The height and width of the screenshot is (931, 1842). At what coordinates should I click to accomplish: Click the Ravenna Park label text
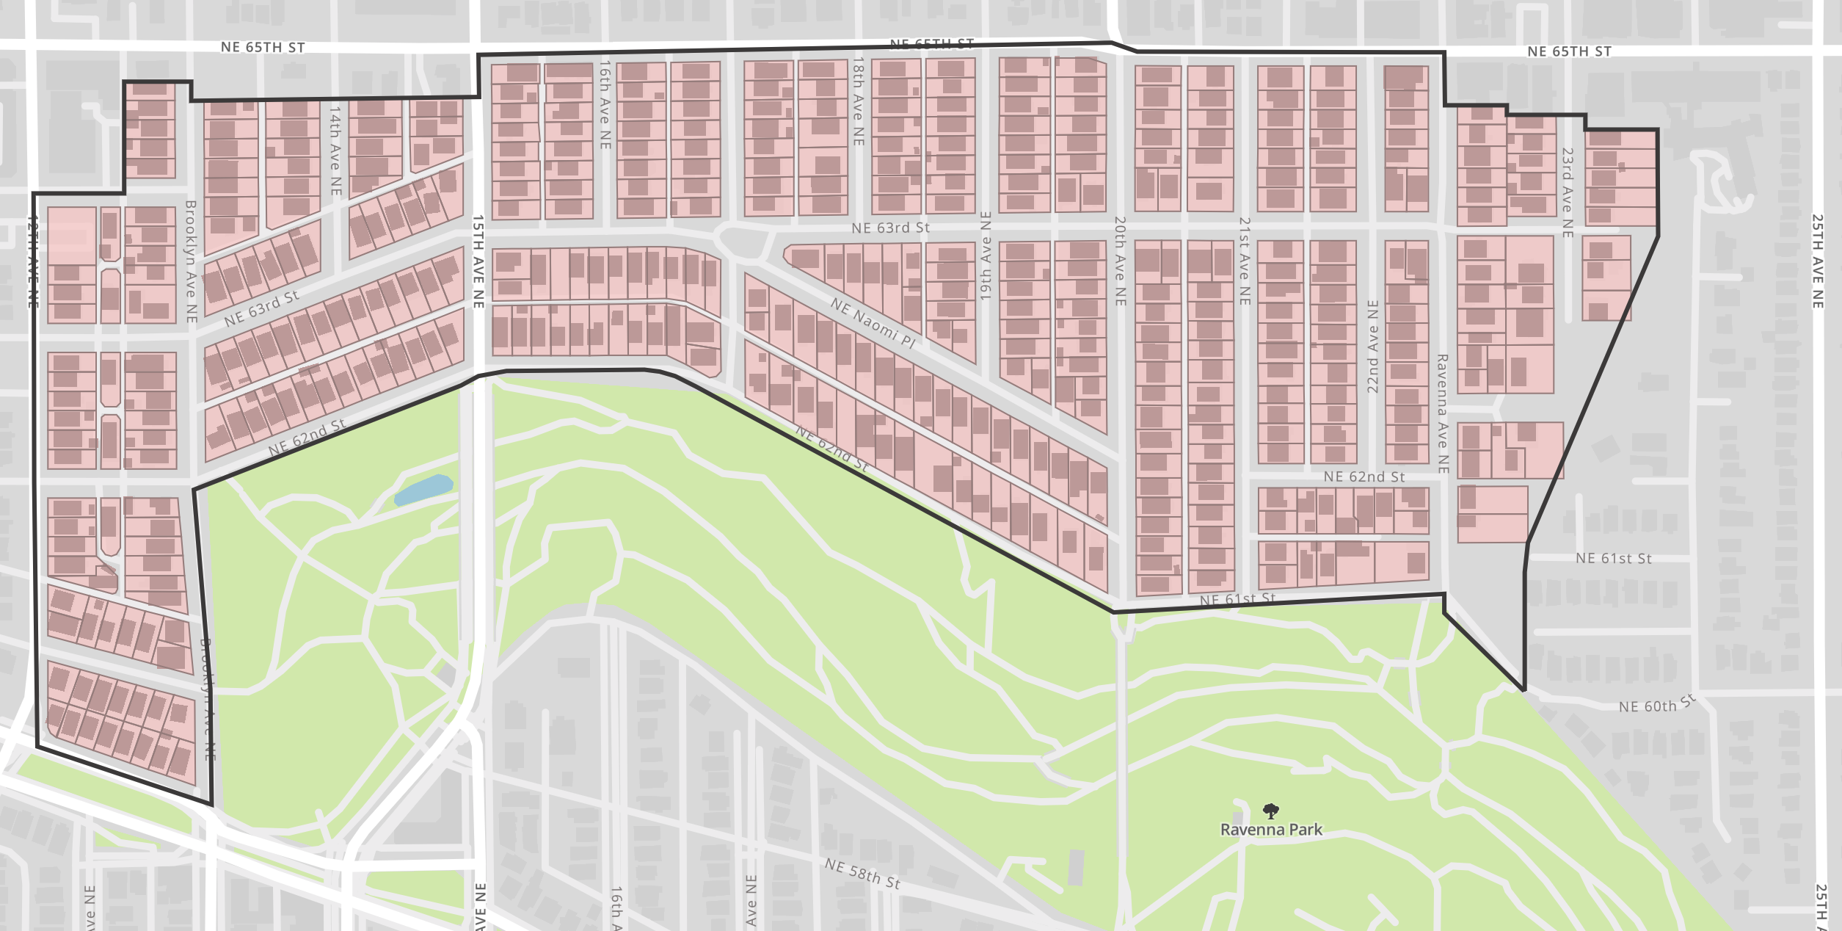(1271, 830)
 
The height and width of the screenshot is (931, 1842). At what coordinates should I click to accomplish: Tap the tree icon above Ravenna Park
(1271, 811)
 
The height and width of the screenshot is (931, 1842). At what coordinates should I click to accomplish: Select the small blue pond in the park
(424, 489)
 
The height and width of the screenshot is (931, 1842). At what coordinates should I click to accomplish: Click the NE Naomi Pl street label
(873, 323)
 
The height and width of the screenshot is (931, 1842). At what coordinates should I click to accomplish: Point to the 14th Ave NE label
(335, 151)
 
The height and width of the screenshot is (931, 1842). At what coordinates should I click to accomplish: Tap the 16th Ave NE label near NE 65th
(605, 104)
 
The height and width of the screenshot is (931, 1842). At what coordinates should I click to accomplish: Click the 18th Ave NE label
(858, 101)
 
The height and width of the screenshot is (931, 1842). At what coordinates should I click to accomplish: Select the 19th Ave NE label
(986, 256)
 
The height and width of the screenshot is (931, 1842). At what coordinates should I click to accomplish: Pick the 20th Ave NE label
(1120, 261)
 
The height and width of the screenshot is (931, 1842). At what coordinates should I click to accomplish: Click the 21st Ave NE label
(1245, 261)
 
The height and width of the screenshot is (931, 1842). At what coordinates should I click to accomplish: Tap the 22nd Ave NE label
(1373, 347)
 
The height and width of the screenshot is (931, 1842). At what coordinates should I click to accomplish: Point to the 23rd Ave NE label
(1568, 192)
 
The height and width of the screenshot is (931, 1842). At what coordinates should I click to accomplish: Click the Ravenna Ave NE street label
(1442, 413)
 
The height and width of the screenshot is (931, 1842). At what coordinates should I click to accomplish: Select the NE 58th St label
(862, 873)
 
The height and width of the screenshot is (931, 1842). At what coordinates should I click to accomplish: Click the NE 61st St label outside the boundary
(1614, 558)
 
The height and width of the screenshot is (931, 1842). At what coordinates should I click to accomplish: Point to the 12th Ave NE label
(32, 261)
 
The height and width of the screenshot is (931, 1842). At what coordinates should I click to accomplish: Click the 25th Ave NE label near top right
(1818, 261)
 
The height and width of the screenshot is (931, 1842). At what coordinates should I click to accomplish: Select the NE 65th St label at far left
(263, 47)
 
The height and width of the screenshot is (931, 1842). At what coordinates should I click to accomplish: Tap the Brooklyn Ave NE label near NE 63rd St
(191, 261)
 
